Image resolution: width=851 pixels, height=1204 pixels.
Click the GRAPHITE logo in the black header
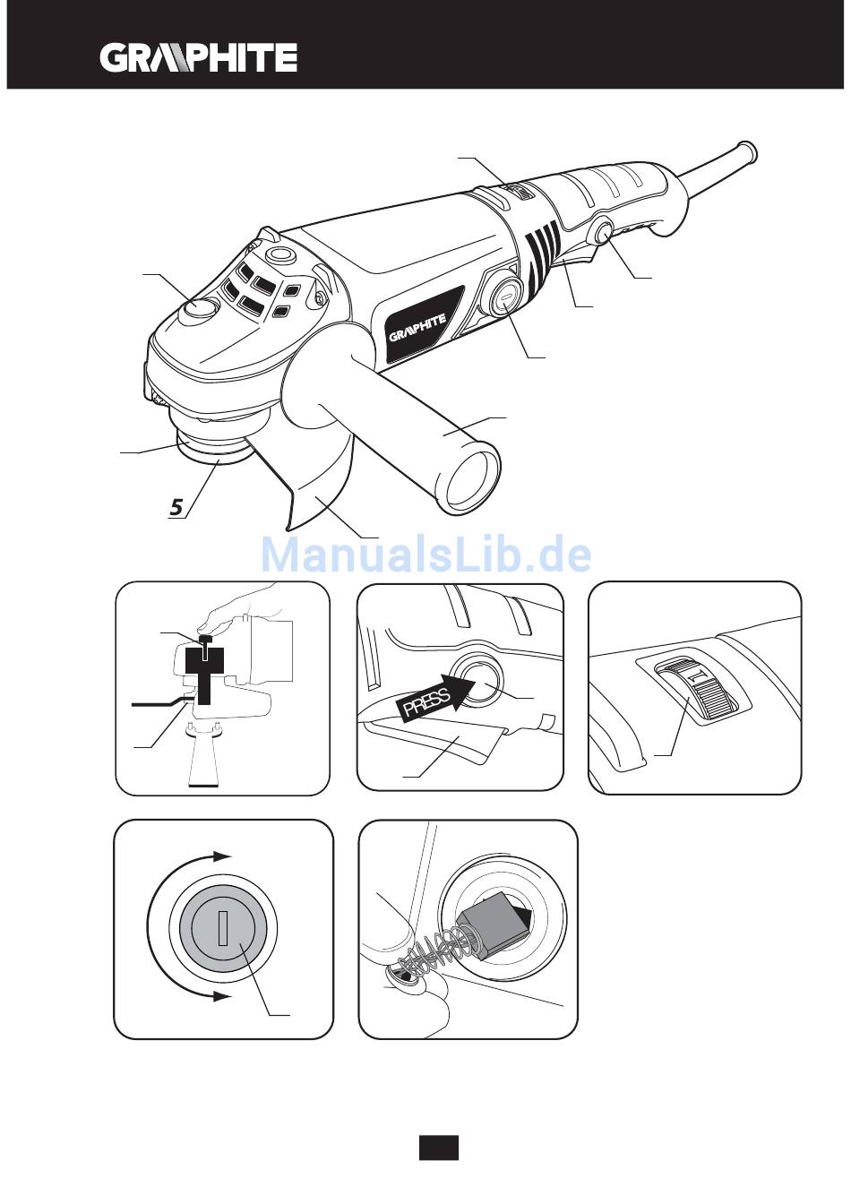click(x=198, y=58)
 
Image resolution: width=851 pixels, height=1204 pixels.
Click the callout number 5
click(x=176, y=507)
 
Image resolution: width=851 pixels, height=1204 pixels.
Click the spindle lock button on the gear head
click(x=200, y=311)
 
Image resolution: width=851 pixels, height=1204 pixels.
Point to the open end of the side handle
click(x=471, y=479)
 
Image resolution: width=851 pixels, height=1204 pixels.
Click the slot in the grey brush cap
click(x=223, y=929)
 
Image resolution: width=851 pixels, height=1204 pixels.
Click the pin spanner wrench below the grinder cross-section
click(x=204, y=756)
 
